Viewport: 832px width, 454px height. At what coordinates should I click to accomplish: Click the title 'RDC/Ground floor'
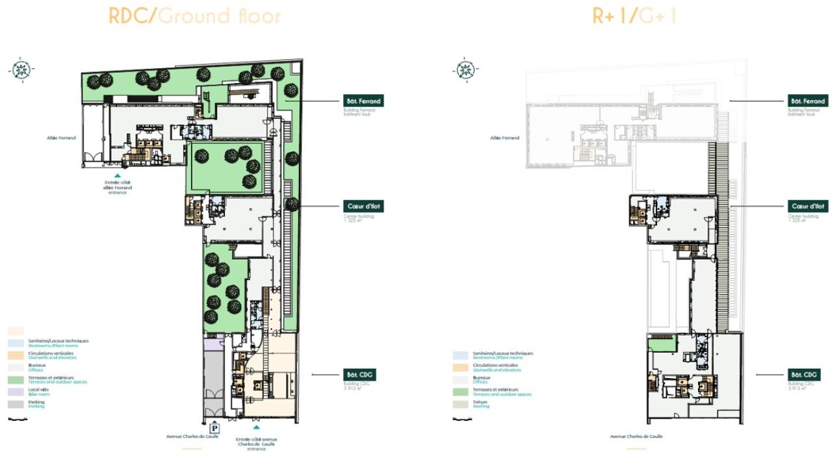point(194,15)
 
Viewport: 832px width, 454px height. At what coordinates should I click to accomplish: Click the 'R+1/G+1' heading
point(634,15)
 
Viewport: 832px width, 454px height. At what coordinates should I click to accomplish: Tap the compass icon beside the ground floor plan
point(21,69)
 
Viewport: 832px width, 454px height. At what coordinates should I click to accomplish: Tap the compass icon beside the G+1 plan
point(465,69)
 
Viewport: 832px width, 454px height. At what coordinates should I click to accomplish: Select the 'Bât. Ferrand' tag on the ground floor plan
point(363,101)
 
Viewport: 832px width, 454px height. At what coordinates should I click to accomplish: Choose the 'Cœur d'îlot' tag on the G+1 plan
point(807,206)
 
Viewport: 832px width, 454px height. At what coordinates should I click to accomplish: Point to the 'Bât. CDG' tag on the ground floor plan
point(359,375)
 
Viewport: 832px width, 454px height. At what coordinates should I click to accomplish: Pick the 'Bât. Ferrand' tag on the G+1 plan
point(807,101)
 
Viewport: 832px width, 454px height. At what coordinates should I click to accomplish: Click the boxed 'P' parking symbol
point(215,427)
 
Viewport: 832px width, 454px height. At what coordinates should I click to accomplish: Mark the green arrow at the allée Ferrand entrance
point(117,175)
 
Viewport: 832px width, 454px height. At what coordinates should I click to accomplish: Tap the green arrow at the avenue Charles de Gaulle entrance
point(256,427)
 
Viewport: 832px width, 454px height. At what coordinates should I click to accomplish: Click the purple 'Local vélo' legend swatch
point(16,392)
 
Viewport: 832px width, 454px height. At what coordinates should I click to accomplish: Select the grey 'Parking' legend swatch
point(16,404)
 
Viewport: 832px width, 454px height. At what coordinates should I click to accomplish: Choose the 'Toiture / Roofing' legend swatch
point(461,404)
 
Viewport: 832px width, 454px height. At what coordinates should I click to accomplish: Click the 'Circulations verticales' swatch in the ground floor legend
point(16,355)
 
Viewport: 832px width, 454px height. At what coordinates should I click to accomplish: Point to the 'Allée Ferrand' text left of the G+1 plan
point(504,138)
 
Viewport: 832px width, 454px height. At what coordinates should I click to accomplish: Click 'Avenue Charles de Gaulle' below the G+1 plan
point(636,436)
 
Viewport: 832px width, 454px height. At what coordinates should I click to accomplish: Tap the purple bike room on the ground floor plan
point(213,344)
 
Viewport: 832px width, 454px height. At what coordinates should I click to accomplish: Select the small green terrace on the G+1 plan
point(662,344)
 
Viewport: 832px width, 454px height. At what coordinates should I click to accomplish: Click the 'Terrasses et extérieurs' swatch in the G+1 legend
point(461,392)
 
